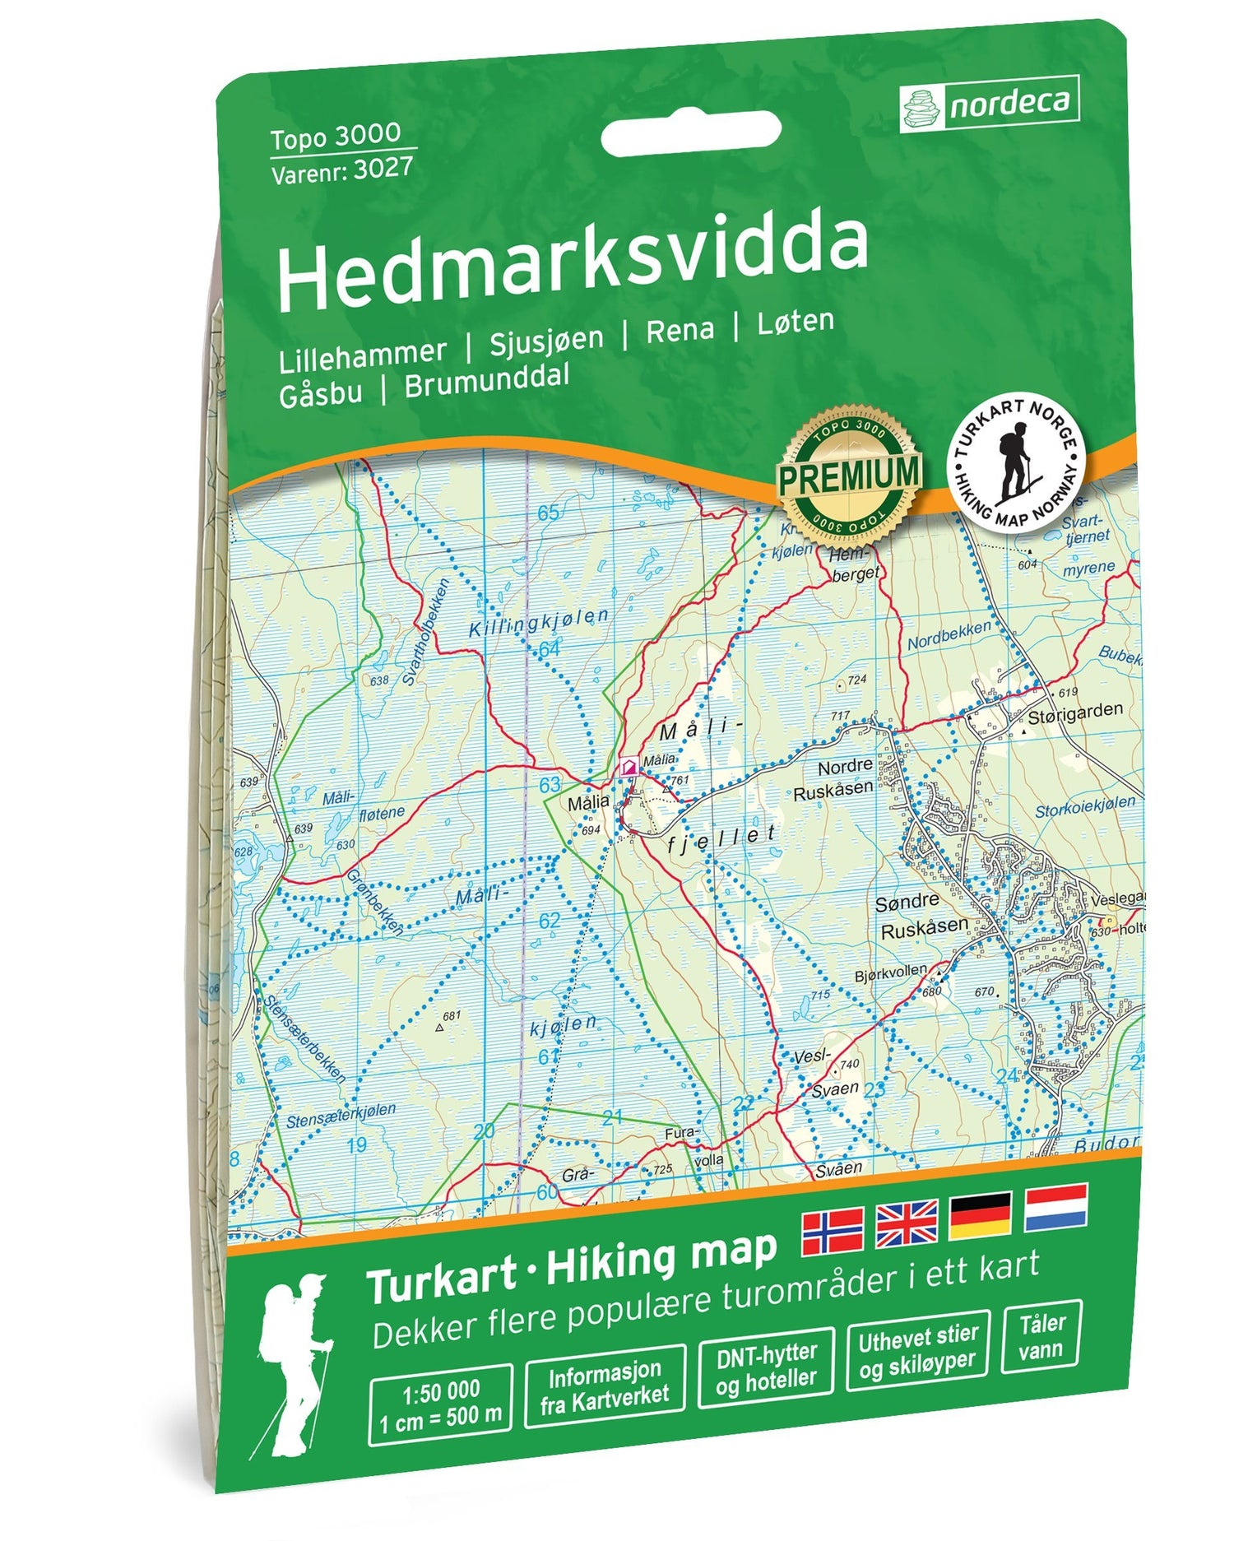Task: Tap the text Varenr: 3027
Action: coord(341,169)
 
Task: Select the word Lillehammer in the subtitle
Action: coord(362,353)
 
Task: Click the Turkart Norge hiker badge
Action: coord(1017,459)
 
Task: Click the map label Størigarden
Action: coord(1074,711)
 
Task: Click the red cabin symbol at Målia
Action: coord(629,767)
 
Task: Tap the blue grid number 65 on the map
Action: coord(549,513)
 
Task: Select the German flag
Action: coord(981,1216)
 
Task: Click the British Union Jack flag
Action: coord(907,1223)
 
